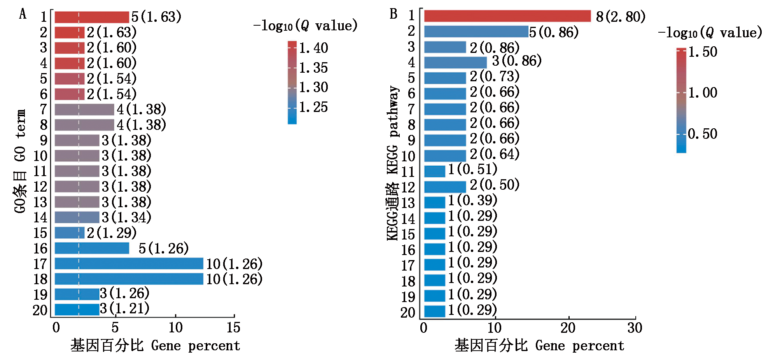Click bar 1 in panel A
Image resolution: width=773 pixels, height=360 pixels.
click(92, 17)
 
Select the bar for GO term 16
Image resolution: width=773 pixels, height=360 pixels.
click(92, 248)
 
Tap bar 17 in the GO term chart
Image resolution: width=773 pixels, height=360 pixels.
click(129, 264)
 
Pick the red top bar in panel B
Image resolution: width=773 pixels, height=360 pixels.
click(507, 16)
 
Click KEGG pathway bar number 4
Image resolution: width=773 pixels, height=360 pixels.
click(455, 62)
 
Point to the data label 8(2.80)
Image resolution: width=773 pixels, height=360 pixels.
click(621, 17)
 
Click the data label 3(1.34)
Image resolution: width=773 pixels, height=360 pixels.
click(126, 217)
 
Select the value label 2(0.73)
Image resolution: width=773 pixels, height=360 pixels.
click(495, 77)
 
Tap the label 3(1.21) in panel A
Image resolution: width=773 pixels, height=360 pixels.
click(124, 309)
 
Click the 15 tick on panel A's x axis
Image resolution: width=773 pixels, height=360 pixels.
click(233, 328)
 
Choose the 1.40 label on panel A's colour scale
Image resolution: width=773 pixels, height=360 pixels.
click(313, 48)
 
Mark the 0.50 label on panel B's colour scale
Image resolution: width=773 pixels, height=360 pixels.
click(702, 134)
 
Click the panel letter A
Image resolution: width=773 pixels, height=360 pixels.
click(23, 14)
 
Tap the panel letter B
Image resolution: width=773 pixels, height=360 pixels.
click(393, 14)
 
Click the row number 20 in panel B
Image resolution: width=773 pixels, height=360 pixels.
click(408, 313)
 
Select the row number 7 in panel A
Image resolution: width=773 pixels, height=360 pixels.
click(44, 110)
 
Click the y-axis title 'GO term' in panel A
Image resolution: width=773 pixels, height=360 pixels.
click(20, 161)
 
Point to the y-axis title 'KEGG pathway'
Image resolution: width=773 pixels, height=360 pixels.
click(393, 163)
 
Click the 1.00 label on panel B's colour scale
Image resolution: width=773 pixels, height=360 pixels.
click(702, 93)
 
